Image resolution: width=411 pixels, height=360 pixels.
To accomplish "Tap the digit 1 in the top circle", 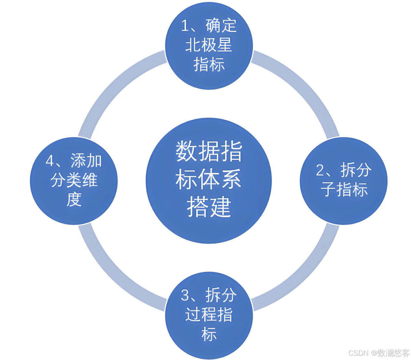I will coord(185,26).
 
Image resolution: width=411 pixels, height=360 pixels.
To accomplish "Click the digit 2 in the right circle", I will coord(320,170).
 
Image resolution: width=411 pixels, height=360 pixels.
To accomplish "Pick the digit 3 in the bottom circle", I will coord(185,295).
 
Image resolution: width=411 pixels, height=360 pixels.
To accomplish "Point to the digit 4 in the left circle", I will coord(50,161).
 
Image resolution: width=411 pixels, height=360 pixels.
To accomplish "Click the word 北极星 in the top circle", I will coord(209,45).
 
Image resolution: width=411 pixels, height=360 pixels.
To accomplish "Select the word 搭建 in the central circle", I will coord(209,207).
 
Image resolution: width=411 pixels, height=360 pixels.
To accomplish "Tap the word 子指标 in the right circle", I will coord(344,189).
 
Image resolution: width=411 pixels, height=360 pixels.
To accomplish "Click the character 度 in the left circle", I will coord(74,199).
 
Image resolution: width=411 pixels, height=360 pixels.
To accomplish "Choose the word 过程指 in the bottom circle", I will coord(209,315).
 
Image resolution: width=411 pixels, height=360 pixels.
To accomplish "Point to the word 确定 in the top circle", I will coord(221,25).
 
